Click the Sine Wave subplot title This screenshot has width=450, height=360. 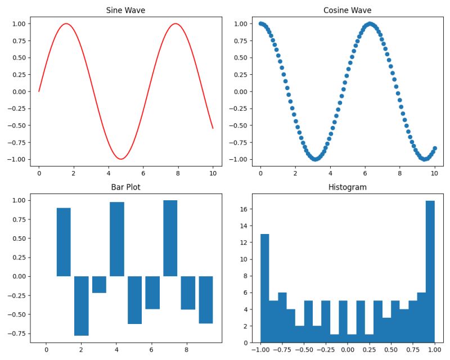tap(125, 10)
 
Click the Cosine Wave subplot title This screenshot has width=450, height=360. tap(347, 10)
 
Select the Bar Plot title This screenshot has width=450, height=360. tap(125, 187)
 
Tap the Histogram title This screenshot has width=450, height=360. tap(347, 187)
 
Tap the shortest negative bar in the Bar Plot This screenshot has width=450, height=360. tap(99, 285)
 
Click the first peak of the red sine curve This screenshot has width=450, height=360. tap(66, 24)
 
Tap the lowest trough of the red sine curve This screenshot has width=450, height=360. tap(121, 159)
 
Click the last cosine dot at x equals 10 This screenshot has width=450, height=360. tap(434, 148)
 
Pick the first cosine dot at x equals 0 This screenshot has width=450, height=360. tap(260, 24)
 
